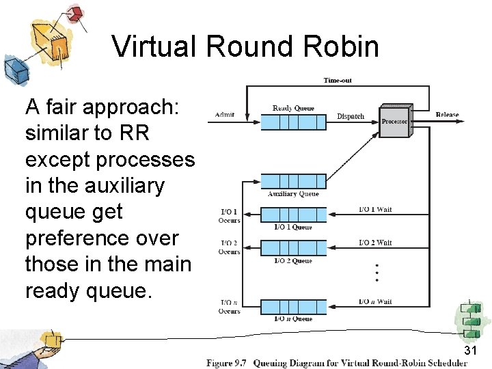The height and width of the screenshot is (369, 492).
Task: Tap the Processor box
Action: point(394,121)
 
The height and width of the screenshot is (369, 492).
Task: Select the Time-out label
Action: point(338,81)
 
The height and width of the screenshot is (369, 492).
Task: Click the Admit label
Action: point(225,114)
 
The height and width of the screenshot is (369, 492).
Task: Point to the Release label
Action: point(447,114)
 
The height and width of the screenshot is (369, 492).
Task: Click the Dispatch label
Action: point(351,116)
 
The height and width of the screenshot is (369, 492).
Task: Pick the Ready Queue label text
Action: point(293,108)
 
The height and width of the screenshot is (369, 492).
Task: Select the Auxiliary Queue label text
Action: point(293,194)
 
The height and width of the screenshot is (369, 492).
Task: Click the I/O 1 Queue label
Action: point(293,227)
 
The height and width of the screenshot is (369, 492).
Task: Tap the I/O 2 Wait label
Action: point(375,243)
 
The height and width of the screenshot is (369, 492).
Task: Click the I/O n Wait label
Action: point(375,301)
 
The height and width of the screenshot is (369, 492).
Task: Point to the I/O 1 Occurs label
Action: point(229,216)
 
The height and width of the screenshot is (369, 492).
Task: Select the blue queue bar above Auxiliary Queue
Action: point(293,181)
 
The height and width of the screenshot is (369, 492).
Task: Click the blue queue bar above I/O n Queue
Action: point(293,307)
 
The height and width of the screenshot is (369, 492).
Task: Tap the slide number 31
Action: point(469,351)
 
